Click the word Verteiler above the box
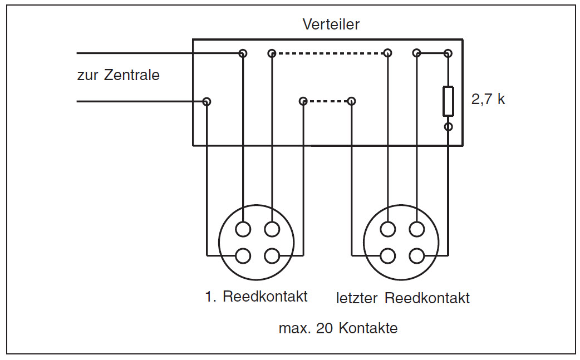click(x=331, y=24)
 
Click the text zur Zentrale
click(x=118, y=75)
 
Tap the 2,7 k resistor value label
click(x=488, y=100)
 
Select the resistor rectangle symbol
click(x=448, y=101)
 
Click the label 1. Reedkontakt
click(x=256, y=296)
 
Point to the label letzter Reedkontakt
click(x=403, y=298)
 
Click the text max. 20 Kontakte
click(x=338, y=328)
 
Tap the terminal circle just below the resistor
click(x=448, y=127)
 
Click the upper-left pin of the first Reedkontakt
click(x=243, y=229)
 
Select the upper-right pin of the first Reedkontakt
click(x=272, y=229)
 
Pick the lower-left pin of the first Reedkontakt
click(x=243, y=255)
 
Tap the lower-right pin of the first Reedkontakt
click(x=272, y=255)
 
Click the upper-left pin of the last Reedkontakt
click(x=388, y=229)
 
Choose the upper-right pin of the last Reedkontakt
click(x=416, y=229)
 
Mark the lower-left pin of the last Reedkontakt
click(x=388, y=255)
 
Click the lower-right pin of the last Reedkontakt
click(x=416, y=255)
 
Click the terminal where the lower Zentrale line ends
click(x=207, y=101)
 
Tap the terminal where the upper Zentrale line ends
click(x=243, y=53)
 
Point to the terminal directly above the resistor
click(x=448, y=53)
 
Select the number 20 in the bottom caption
click(x=323, y=328)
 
